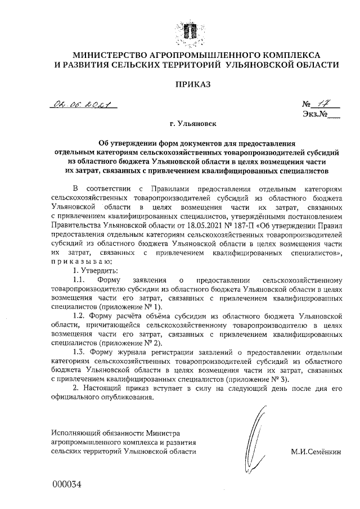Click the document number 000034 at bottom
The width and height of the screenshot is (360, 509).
pos(67,484)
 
